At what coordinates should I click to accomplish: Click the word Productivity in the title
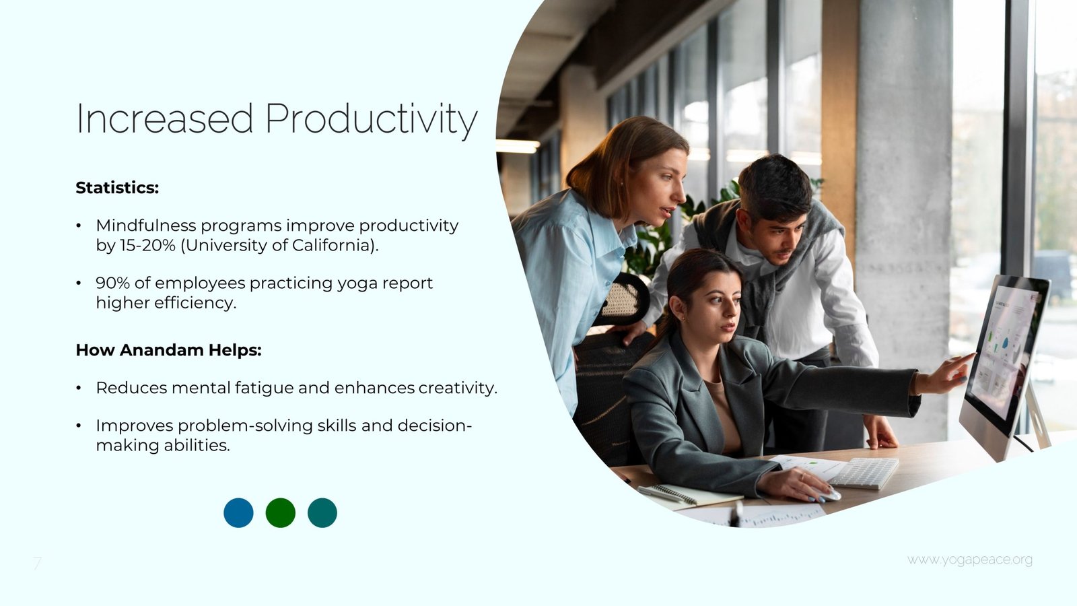(x=371, y=119)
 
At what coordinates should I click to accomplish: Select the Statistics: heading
(x=117, y=188)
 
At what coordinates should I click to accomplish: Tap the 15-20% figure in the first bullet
(x=147, y=245)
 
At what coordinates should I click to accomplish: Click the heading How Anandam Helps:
(x=169, y=350)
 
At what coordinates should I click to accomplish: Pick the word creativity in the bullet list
(x=458, y=388)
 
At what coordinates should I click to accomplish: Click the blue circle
(x=238, y=512)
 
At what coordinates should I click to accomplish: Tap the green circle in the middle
(x=280, y=512)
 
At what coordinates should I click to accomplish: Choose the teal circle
(x=322, y=512)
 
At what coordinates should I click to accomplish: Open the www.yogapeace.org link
(x=970, y=560)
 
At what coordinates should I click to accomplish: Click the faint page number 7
(x=37, y=563)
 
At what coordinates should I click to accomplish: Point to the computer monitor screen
(x=1002, y=353)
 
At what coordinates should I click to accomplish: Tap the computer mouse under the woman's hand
(x=829, y=495)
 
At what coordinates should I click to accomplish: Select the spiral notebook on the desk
(x=690, y=495)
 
